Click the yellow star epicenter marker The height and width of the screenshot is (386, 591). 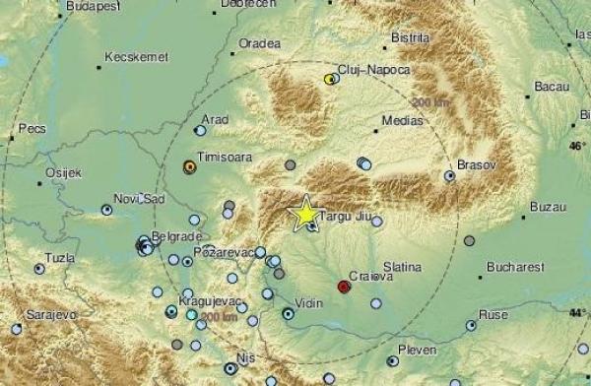(305, 212)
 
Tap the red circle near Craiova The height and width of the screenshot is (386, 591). (343, 287)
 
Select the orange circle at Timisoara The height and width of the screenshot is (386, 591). (188, 167)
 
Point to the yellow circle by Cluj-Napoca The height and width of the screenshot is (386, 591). (329, 78)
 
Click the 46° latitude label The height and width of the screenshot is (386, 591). (576, 146)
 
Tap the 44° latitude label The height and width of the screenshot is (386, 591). (576, 312)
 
